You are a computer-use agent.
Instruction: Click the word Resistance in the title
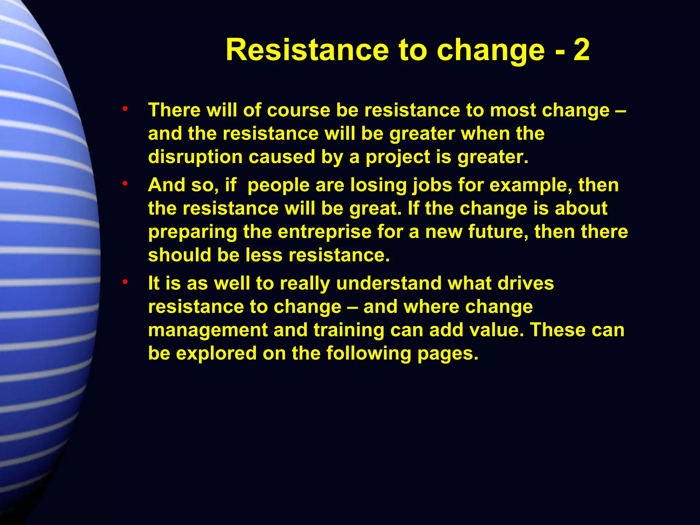pyautogui.click(x=307, y=50)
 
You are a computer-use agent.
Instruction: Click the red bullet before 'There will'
pyautogui.click(x=125, y=109)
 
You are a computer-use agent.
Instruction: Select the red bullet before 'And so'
pyautogui.click(x=125, y=184)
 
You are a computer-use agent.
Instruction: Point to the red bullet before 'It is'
pyautogui.click(x=125, y=282)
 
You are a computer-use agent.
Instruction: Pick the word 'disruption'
pyautogui.click(x=195, y=157)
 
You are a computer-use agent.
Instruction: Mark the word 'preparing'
pyautogui.click(x=192, y=232)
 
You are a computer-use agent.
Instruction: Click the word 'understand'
pyautogui.click(x=389, y=283)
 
